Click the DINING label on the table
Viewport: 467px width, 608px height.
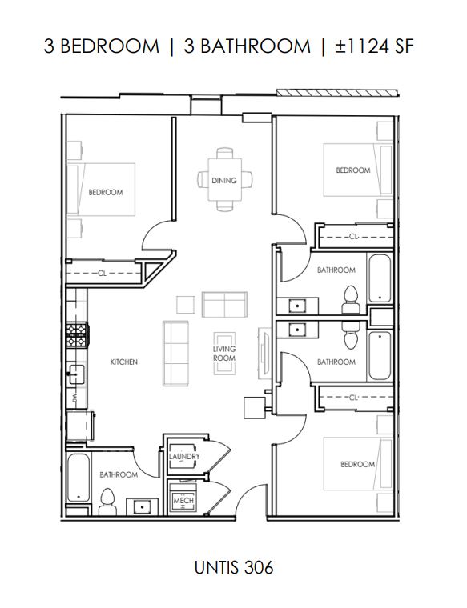click(x=224, y=181)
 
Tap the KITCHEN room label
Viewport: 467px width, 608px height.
click(x=124, y=362)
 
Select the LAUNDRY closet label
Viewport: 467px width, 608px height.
click(x=184, y=457)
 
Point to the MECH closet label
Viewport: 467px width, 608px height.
click(x=183, y=501)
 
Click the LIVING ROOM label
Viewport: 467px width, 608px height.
click(x=224, y=354)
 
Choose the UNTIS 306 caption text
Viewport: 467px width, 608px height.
click(x=233, y=568)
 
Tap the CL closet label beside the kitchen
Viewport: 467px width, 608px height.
click(x=102, y=274)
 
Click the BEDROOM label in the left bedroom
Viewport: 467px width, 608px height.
click(x=106, y=193)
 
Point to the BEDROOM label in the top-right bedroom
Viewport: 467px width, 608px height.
click(x=353, y=170)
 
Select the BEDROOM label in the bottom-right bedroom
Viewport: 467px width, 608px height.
click(x=357, y=465)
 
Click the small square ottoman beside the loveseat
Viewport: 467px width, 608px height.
click(x=185, y=305)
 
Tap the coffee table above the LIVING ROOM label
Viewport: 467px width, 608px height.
click(x=224, y=336)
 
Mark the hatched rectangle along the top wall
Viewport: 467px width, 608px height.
click(x=336, y=93)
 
